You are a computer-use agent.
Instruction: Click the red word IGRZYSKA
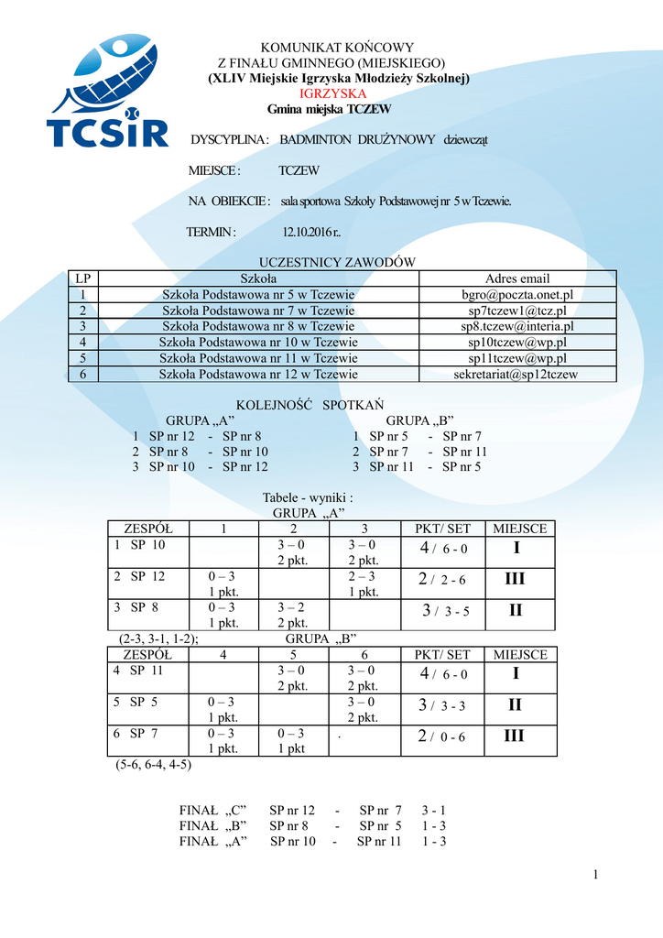point(333,94)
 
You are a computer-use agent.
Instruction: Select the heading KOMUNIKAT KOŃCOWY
point(338,48)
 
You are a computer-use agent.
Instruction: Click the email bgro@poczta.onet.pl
point(517,295)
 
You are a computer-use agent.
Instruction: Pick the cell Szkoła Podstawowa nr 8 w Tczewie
point(258,326)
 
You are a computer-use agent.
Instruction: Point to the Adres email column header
point(517,278)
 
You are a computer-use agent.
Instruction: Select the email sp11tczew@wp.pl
point(517,358)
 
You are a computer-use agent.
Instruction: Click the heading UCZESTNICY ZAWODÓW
point(338,262)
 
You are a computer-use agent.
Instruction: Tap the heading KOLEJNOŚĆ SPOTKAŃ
point(310,404)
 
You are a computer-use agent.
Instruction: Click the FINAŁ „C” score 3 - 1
point(434,810)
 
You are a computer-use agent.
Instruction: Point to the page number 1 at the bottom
point(595,876)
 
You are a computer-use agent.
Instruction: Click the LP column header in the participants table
point(83,278)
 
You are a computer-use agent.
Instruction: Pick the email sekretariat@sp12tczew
point(517,374)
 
